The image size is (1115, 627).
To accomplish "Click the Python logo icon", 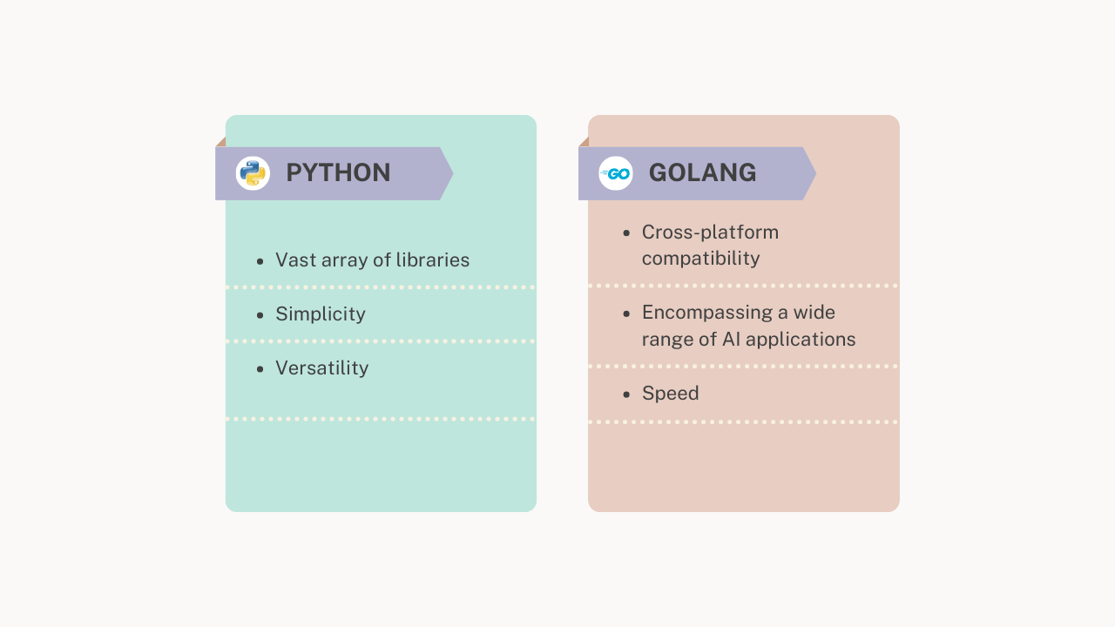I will pos(253,173).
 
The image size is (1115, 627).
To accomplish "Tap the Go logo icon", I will pos(616,173).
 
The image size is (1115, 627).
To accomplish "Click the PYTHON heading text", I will pos(338,172).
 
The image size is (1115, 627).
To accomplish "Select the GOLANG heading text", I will pos(702,172).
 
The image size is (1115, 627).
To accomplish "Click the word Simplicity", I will pos(321,314).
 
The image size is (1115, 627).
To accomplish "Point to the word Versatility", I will pos(321,368).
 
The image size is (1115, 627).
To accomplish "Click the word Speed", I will pos(670,394).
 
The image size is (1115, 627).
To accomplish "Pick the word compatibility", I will pos(700,259).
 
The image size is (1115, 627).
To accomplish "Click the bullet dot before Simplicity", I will pos(260,315).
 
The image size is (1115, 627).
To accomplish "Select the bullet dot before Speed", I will pos(626,394).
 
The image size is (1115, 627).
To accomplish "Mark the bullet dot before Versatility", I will pos(260,369).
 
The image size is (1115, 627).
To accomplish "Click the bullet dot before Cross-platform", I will pos(626,233).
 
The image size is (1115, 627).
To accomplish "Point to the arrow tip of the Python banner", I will pos(450,173).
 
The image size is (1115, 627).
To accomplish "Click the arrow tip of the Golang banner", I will pos(814,173).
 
